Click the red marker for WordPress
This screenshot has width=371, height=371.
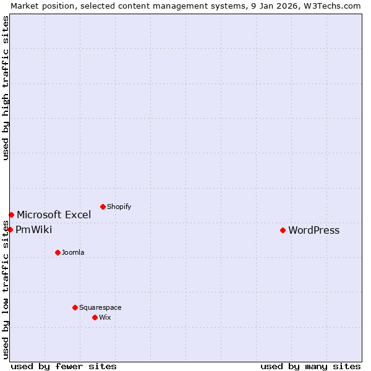[x=283, y=230]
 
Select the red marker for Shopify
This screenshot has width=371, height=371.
[x=103, y=207]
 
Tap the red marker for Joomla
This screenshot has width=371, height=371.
[x=58, y=252]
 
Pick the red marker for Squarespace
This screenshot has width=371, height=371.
[x=75, y=307]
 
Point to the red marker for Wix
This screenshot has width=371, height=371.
[x=95, y=317]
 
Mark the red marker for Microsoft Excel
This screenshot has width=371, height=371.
[x=11, y=215]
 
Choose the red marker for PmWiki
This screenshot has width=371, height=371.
[x=10, y=229]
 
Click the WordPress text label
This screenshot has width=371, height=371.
[x=313, y=231]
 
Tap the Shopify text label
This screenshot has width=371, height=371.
[x=119, y=207]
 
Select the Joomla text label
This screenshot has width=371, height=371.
[x=73, y=252]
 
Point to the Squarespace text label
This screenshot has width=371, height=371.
[x=100, y=307]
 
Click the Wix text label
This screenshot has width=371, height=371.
[x=104, y=317]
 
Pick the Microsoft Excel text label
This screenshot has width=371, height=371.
[x=54, y=215]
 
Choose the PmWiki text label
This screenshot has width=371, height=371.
[x=33, y=230]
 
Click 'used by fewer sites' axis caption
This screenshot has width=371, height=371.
[x=64, y=366]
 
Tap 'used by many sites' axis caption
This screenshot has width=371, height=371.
[x=310, y=366]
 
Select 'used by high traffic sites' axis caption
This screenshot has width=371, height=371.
[x=6, y=88]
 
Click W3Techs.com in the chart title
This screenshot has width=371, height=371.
[x=331, y=6]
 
